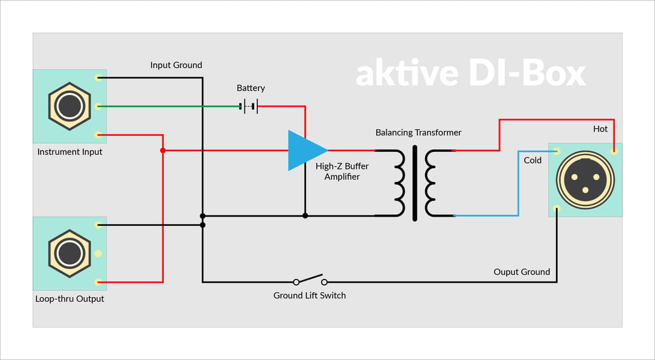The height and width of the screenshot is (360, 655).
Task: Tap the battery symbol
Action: (x=249, y=107)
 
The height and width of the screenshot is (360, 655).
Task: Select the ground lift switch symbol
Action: (x=310, y=279)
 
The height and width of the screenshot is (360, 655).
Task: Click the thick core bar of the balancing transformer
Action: (x=415, y=183)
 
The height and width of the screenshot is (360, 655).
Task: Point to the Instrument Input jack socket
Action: (x=69, y=106)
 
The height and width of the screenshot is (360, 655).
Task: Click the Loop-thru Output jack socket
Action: (x=69, y=253)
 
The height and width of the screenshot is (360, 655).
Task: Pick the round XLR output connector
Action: (x=585, y=180)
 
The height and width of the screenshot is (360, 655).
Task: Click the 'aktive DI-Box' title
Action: (x=470, y=73)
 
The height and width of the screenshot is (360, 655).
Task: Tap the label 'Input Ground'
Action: (x=176, y=65)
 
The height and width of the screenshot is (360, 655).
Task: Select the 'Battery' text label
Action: (x=251, y=88)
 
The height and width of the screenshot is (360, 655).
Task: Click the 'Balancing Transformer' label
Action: (x=418, y=132)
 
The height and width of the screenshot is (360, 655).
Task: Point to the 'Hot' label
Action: (x=600, y=129)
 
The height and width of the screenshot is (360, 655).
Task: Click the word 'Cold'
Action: (x=533, y=160)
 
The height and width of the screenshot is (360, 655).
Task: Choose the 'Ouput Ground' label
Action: (x=522, y=272)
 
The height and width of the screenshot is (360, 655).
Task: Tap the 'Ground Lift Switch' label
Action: (x=310, y=295)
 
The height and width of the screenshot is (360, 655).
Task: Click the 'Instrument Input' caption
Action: (x=70, y=152)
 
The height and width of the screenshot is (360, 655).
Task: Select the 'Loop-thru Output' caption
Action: (x=70, y=298)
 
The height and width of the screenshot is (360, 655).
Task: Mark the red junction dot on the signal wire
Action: (x=163, y=151)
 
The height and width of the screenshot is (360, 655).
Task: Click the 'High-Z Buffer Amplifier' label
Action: (x=342, y=171)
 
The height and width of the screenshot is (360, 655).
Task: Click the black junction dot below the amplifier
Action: (x=305, y=215)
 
